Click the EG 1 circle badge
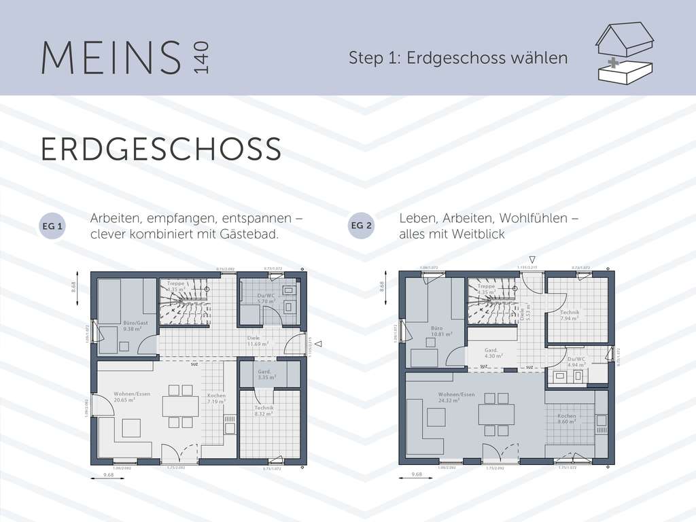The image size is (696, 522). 53,226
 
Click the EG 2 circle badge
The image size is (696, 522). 361,226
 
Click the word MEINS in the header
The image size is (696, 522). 111,58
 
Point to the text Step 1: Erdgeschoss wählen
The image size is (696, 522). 458,58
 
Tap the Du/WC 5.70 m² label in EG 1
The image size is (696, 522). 266,298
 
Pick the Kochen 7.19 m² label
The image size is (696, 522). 216,399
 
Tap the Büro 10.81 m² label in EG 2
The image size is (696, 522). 441,332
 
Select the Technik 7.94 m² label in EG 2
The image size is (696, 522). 570,315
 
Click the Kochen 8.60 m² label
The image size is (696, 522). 567,419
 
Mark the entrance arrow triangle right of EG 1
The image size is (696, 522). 317,345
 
